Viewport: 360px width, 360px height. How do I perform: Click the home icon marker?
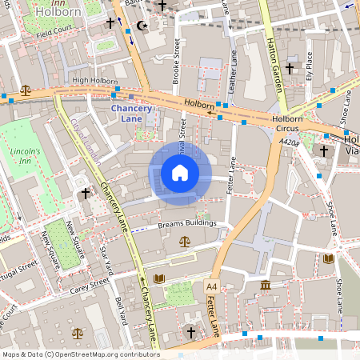180,173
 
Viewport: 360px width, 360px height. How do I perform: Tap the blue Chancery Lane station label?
130,114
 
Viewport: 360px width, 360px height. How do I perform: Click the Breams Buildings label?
187,223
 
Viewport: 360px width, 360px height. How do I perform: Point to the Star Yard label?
105,258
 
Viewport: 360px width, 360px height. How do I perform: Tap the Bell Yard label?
122,311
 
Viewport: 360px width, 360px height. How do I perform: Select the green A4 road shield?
211,286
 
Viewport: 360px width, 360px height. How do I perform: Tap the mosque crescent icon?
142,26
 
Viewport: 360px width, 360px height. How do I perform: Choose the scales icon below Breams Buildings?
186,240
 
